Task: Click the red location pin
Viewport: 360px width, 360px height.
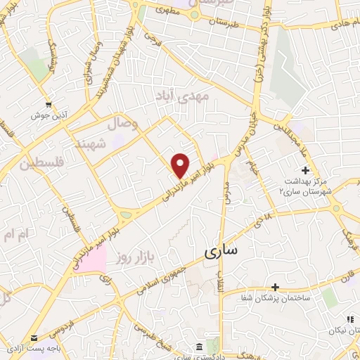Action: pyautogui.click(x=180, y=165)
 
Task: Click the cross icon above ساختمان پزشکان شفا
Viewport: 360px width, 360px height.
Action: pyautogui.click(x=275, y=287)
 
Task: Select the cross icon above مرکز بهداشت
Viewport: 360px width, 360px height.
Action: pyautogui.click(x=305, y=169)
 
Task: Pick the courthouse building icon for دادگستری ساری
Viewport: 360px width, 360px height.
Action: pyautogui.click(x=200, y=347)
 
